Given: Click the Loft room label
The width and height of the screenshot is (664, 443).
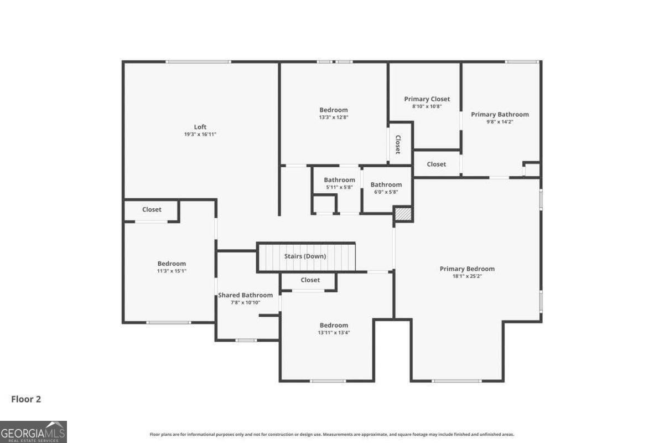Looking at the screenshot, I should (x=200, y=127).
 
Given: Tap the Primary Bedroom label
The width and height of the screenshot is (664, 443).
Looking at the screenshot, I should (x=467, y=269).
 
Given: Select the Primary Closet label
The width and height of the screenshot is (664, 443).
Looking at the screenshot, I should (x=427, y=99).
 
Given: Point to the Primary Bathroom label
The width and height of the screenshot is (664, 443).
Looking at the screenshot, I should (x=500, y=115).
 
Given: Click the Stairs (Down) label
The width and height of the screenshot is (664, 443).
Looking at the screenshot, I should (x=305, y=256).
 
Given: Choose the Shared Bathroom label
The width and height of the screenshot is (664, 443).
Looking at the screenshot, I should (x=245, y=295).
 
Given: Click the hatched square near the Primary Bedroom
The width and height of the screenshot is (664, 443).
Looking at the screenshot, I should (x=403, y=214).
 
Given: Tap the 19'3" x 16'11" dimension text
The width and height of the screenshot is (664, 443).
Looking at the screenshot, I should (x=200, y=135).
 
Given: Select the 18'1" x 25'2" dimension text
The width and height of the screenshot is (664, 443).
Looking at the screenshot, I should (x=467, y=276).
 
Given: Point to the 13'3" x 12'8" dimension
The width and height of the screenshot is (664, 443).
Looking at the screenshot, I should (x=334, y=117).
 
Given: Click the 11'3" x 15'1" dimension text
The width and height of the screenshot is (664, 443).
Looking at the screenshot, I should (x=172, y=271).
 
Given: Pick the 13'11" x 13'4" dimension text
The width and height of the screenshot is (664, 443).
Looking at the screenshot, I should (x=334, y=333).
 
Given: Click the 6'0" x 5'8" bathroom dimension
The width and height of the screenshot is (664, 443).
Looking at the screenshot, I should (x=386, y=192).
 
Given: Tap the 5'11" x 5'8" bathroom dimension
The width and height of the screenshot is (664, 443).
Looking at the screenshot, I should (x=339, y=188).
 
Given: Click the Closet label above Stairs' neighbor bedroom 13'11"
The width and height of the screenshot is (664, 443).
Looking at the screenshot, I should (x=310, y=280).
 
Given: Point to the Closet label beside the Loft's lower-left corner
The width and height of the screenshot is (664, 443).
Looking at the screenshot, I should (x=152, y=209).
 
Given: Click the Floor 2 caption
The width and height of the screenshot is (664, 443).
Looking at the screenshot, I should (x=26, y=399).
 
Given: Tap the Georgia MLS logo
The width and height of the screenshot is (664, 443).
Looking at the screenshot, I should (x=33, y=431).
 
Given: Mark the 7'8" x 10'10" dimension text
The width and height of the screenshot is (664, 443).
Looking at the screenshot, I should (x=245, y=303).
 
